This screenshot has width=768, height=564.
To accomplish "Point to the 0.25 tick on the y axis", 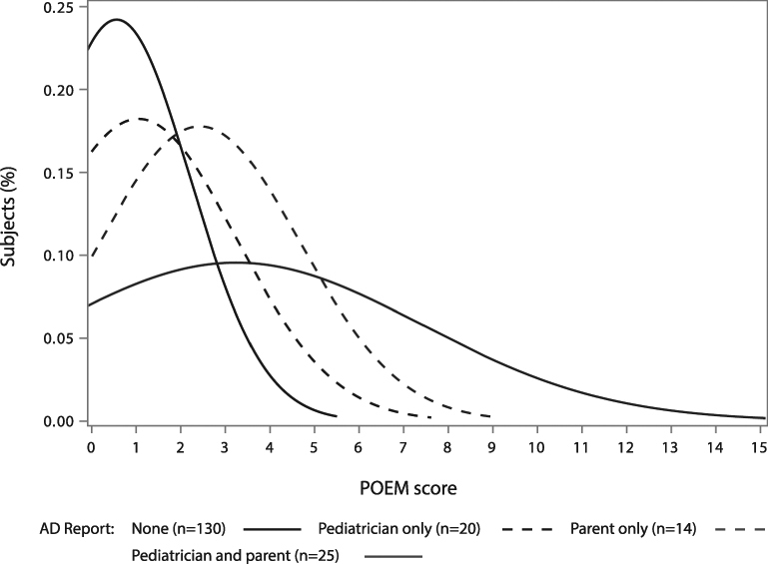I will coord(58,7).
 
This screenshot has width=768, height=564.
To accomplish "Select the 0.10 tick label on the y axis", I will coord(58,256).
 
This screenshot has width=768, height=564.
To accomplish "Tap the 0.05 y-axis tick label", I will coord(58,338).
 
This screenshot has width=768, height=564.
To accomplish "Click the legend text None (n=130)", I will coord(181,526).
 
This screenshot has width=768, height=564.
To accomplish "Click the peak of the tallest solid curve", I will coord(117,19).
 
